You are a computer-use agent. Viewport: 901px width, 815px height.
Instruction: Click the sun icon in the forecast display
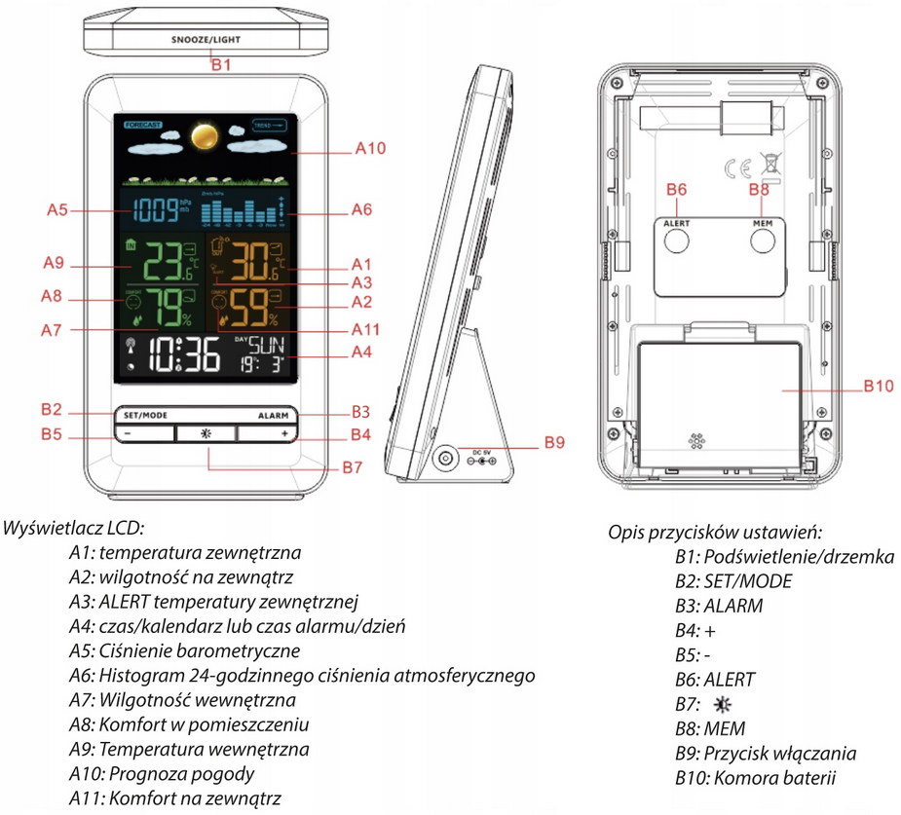(203, 136)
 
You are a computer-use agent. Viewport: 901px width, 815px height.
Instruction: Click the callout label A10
(370, 150)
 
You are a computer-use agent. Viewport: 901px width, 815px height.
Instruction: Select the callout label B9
(554, 443)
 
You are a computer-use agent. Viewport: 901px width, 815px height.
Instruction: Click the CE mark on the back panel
(737, 167)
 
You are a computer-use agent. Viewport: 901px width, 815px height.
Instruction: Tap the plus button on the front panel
(284, 433)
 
